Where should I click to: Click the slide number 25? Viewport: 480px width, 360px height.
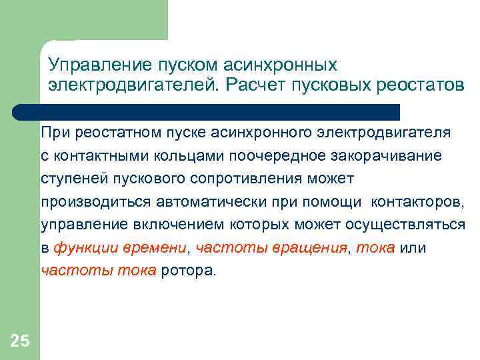(x=20, y=341)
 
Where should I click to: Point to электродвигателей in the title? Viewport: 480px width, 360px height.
(x=133, y=85)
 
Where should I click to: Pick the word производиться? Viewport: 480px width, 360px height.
(x=89, y=202)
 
